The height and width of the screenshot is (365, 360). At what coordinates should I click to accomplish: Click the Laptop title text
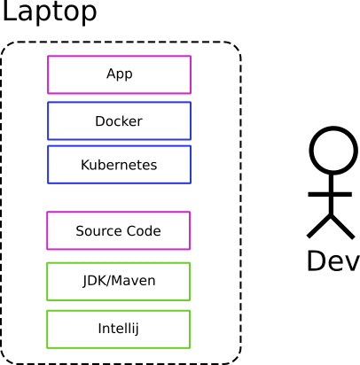pyautogui.click(x=50, y=12)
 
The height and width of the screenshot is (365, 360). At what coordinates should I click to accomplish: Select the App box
pyautogui.click(x=119, y=74)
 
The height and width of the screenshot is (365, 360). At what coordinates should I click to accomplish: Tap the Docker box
pyautogui.click(x=119, y=120)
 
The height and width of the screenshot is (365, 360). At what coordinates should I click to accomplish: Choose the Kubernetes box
pyautogui.click(x=119, y=165)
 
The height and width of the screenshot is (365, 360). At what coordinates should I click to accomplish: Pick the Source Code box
pyautogui.click(x=118, y=230)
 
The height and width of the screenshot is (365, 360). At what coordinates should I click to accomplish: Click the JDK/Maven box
pyautogui.click(x=118, y=282)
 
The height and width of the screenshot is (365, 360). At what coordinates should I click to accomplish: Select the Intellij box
pyautogui.click(x=118, y=330)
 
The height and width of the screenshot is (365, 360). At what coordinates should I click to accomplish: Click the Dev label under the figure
pyautogui.click(x=333, y=260)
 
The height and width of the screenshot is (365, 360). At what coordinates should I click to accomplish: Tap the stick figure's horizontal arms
pyautogui.click(x=330, y=194)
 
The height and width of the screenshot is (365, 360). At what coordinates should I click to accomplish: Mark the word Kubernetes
pyautogui.click(x=119, y=165)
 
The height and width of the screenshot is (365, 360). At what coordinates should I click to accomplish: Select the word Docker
pyautogui.click(x=119, y=121)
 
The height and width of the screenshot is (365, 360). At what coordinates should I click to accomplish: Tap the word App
pyautogui.click(x=120, y=74)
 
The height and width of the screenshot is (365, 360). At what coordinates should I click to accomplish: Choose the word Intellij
pyautogui.click(x=118, y=329)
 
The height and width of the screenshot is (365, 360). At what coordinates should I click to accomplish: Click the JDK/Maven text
pyautogui.click(x=119, y=281)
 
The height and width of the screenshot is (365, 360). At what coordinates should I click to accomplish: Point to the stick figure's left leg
pyautogui.click(x=319, y=226)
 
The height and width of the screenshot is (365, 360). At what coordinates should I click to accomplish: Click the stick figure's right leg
pyautogui.click(x=342, y=227)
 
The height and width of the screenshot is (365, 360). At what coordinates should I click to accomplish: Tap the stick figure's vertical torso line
pyautogui.click(x=332, y=194)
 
